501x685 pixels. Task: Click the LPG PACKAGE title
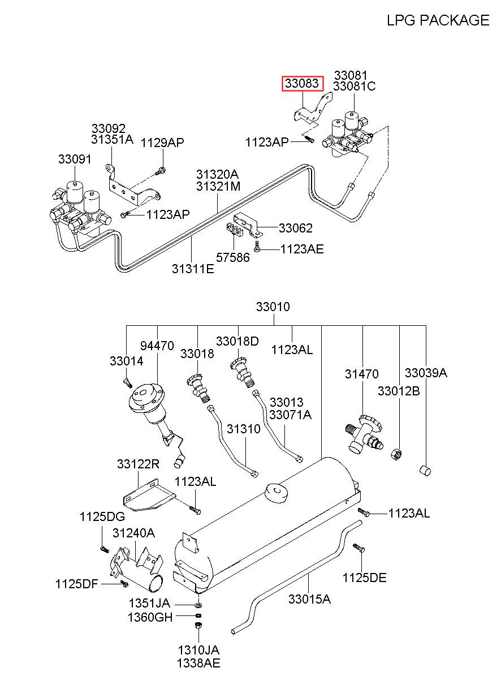pyautogui.click(x=438, y=20)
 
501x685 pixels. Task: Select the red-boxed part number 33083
pyautogui.click(x=303, y=83)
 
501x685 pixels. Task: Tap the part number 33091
pyautogui.click(x=75, y=159)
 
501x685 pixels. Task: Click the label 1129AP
pyautogui.click(x=162, y=143)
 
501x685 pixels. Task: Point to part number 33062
pyautogui.click(x=296, y=228)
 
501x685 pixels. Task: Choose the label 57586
pyautogui.click(x=233, y=257)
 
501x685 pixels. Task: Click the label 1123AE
pyautogui.click(x=302, y=249)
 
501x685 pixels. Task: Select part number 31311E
pyautogui.click(x=193, y=269)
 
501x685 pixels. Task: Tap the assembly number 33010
pyautogui.click(x=273, y=307)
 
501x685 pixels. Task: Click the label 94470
pyautogui.click(x=157, y=346)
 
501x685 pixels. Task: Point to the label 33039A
pyautogui.click(x=426, y=373)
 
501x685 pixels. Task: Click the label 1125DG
pyautogui.click(x=102, y=516)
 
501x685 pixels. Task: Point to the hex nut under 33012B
pyautogui.click(x=396, y=454)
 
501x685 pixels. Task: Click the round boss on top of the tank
pyautogui.click(x=277, y=492)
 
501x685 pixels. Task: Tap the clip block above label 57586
pyautogui.click(x=235, y=229)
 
